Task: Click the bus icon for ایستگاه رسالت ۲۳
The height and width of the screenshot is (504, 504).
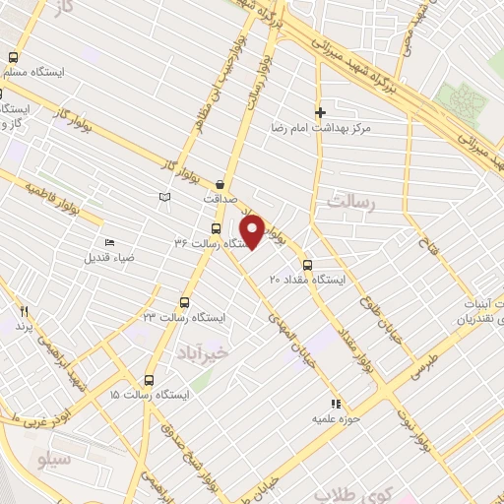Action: [x=183, y=302]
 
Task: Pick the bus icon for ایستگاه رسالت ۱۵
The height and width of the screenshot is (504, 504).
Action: [x=150, y=379]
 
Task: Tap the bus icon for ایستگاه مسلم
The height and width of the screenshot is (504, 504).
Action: [x=14, y=57]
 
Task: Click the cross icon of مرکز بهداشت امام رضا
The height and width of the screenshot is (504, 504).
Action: [x=319, y=112]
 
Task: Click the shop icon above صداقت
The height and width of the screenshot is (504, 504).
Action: [x=219, y=183]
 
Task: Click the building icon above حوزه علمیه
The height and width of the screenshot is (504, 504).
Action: [x=336, y=403]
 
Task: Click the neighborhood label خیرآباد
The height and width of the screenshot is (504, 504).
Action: [x=204, y=351]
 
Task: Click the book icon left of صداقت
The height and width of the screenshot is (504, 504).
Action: [x=164, y=198]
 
